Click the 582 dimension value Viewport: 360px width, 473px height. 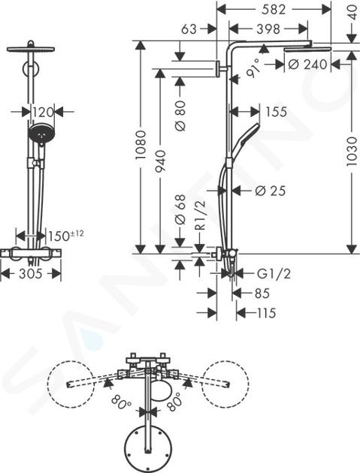coord(274,10)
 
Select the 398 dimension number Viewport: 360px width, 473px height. coord(268,29)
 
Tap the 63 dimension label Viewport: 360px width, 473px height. coord(189,29)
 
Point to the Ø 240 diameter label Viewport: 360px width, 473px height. coord(307,65)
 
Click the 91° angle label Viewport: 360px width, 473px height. coord(253,68)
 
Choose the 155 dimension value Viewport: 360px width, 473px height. coord(276,112)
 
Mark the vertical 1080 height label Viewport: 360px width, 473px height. coord(141,145)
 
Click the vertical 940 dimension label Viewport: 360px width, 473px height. coord(160,161)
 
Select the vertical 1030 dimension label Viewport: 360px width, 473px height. coord(352,152)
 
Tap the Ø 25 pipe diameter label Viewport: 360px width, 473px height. coord(270,191)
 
